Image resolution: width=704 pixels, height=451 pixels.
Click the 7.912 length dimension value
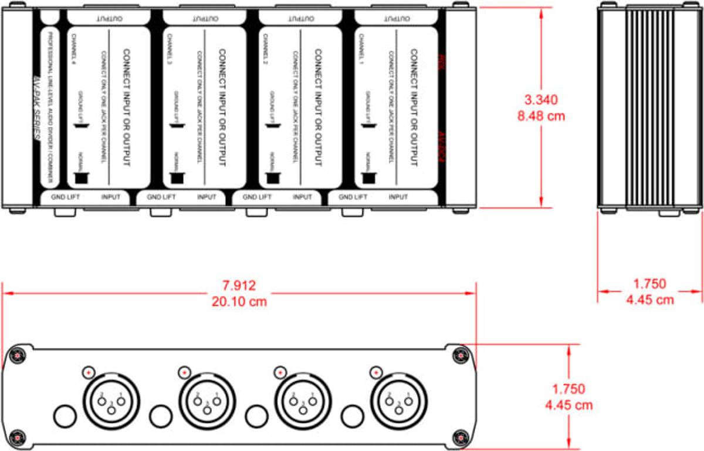click(239, 286)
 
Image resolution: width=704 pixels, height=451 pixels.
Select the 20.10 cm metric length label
click(239, 302)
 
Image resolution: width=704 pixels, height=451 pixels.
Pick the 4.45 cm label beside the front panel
click(568, 405)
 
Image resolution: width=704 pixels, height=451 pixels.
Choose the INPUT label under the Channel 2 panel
click(302, 197)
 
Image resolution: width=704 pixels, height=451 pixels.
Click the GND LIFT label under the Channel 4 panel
click(65, 197)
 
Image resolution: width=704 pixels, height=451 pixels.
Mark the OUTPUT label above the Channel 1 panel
click(398, 18)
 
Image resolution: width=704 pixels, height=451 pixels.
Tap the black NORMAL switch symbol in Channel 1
click(368, 177)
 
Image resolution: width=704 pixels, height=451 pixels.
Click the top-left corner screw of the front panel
click(18, 355)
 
